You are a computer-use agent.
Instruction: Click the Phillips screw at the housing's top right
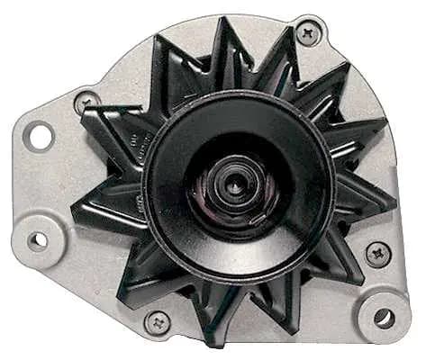coord(309,35)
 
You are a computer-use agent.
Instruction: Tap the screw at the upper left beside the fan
coord(86,102)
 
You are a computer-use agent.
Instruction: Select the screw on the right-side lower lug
coord(377,254)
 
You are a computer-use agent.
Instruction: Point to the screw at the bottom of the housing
coord(159,322)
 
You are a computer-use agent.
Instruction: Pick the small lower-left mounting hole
coord(38,240)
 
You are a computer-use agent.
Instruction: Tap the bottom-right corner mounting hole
coord(384,318)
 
